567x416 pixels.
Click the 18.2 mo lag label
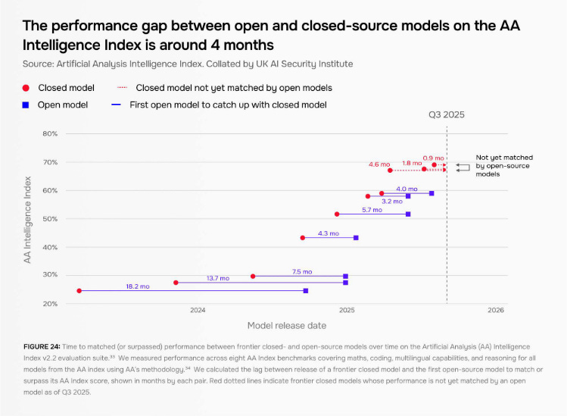[x=138, y=286]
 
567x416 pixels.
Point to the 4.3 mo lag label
[x=328, y=233]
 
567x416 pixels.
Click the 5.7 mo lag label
[x=372, y=210]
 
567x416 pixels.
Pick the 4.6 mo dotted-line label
[x=379, y=164]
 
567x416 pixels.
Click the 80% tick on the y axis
[x=50, y=134]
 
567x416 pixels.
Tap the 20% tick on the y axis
[x=50, y=304]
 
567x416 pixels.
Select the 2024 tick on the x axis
[x=198, y=311]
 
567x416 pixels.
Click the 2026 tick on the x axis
[x=496, y=311]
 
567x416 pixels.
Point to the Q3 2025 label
[x=447, y=115]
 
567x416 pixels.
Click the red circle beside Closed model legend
[x=26, y=88]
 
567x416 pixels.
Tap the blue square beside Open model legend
[x=26, y=105]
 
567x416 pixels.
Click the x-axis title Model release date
[x=287, y=325]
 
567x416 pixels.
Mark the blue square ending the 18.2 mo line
[x=306, y=291]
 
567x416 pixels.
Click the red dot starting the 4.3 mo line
[x=303, y=238]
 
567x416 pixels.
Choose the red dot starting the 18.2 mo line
[x=79, y=291]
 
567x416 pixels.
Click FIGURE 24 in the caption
[x=42, y=346]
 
